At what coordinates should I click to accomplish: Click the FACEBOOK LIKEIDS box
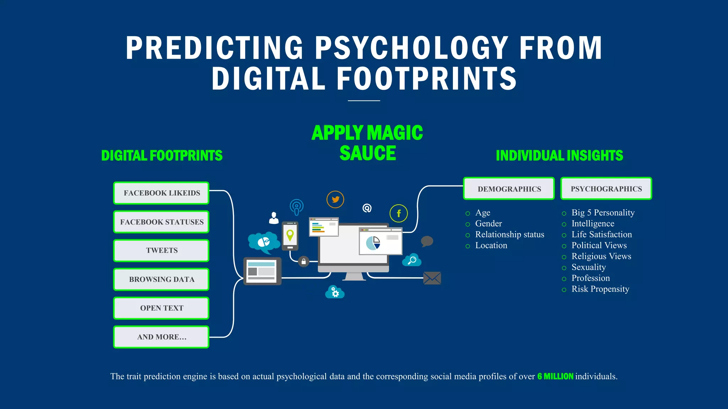[x=161, y=193]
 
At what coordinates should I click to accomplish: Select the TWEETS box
[x=161, y=251]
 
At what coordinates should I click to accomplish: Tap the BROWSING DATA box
[x=161, y=279]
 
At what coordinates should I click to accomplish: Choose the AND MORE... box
[x=161, y=337]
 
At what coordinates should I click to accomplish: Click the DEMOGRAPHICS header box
[x=509, y=189]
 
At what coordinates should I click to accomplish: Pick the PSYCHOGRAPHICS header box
[x=606, y=189]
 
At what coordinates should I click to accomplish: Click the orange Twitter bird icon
[x=335, y=200]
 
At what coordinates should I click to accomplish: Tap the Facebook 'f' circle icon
[x=398, y=213]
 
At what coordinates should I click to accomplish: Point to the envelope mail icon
[x=432, y=278]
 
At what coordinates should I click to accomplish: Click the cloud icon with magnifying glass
[x=412, y=260]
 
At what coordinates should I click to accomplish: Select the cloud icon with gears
[x=334, y=292]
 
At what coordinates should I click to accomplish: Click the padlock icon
[x=304, y=262]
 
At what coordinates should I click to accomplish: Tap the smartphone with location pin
[x=290, y=236]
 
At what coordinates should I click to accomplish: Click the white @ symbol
[x=367, y=208]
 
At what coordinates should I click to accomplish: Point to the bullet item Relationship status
[x=509, y=235]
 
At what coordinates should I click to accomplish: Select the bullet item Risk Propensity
[x=600, y=289]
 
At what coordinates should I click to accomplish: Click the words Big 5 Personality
[x=603, y=213]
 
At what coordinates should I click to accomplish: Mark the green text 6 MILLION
[x=555, y=376]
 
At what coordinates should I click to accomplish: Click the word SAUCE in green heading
[x=368, y=153]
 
